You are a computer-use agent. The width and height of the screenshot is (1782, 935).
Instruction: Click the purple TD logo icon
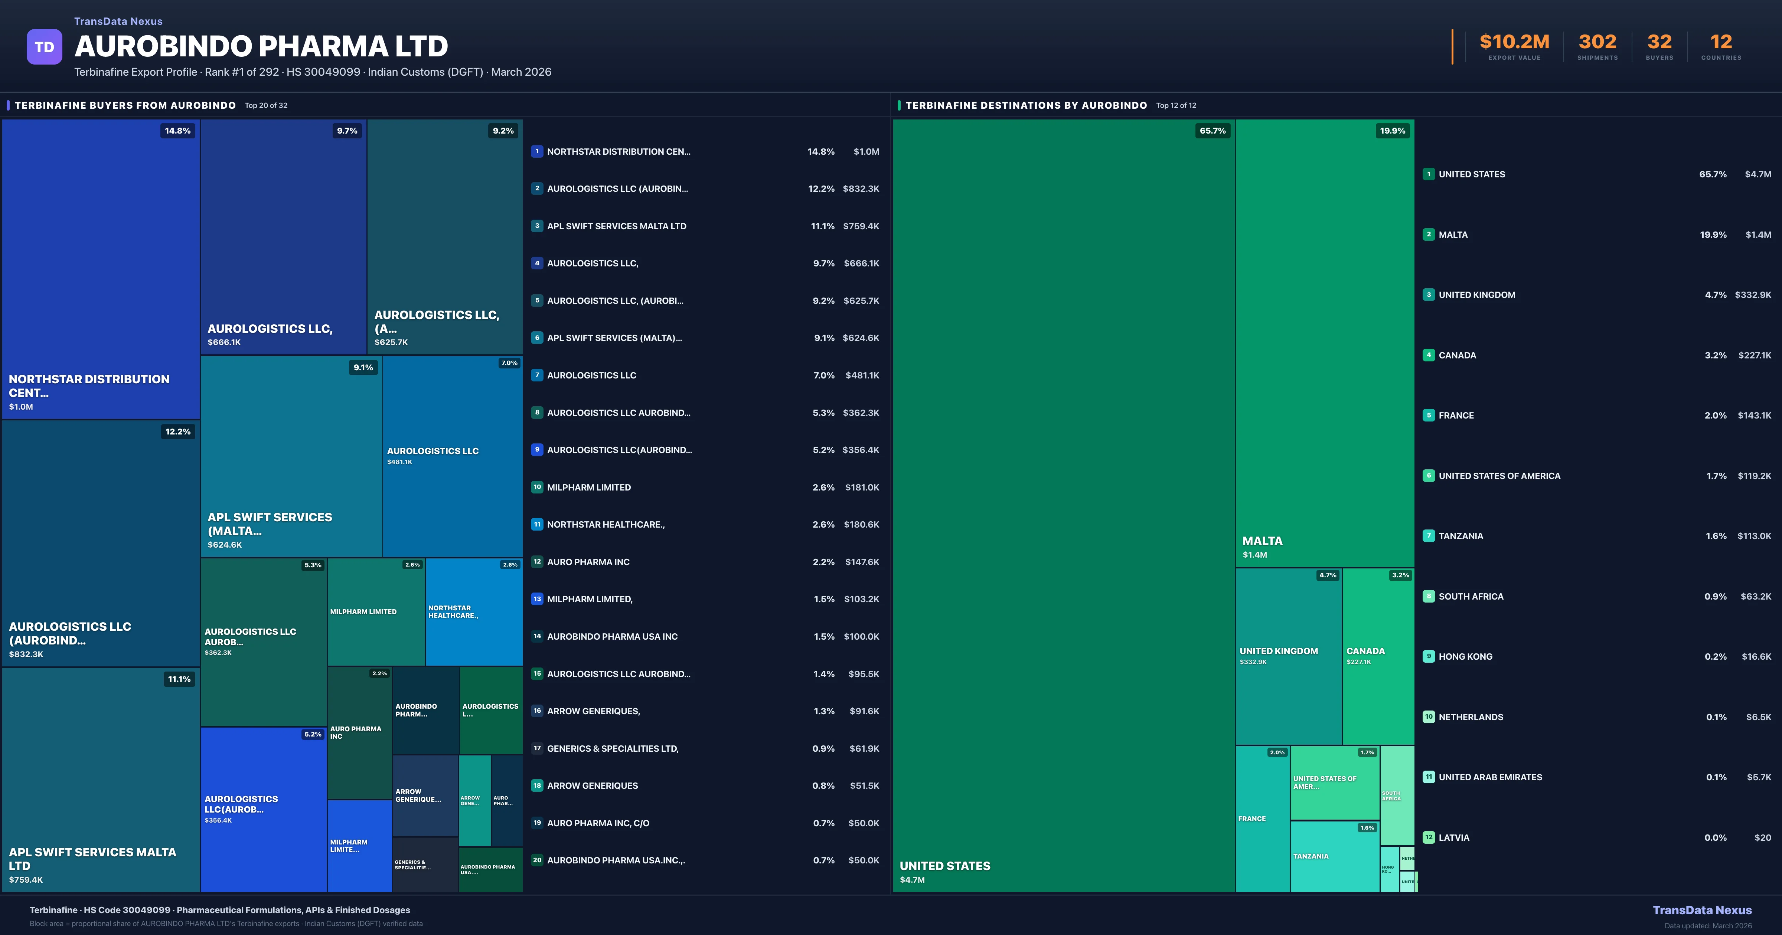(x=44, y=47)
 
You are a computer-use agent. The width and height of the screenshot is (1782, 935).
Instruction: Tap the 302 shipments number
(x=1597, y=42)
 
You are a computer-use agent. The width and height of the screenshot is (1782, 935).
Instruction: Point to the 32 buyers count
(x=1659, y=42)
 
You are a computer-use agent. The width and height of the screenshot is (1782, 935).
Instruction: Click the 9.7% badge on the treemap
(x=347, y=131)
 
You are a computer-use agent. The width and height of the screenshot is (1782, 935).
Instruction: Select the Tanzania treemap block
(x=1334, y=856)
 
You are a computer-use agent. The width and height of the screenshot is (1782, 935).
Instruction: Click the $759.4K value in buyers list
(x=861, y=226)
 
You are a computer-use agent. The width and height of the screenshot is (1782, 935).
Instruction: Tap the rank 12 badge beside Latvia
(x=1429, y=837)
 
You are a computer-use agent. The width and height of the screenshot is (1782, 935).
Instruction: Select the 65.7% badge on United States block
(x=1212, y=131)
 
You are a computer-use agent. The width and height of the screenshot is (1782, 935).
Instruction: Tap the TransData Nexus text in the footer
(x=1702, y=910)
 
